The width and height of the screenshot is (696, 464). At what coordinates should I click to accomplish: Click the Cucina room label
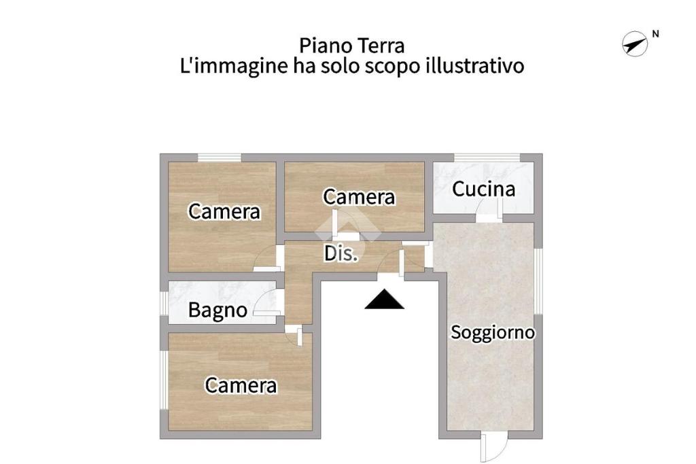click(x=483, y=189)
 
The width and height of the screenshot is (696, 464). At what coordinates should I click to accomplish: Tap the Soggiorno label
click(x=493, y=332)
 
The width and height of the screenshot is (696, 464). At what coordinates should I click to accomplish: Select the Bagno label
click(x=217, y=310)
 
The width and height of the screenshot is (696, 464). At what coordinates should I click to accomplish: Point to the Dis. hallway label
click(x=341, y=253)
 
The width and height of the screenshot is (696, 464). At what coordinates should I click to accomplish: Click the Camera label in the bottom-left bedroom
click(x=241, y=385)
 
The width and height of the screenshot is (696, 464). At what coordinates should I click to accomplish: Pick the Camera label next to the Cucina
click(x=359, y=197)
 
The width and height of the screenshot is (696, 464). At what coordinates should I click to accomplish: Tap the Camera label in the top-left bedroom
click(x=224, y=211)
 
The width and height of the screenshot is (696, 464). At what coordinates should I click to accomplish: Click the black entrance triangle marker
click(x=385, y=299)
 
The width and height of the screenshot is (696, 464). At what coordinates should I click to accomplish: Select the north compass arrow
click(x=635, y=44)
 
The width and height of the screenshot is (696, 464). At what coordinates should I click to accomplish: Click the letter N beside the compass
click(x=656, y=34)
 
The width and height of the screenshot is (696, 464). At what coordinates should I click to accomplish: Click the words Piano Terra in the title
click(x=352, y=46)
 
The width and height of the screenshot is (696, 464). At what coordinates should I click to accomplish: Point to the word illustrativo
click(x=475, y=66)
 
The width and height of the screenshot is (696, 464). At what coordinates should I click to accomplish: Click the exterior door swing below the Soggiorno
click(x=493, y=448)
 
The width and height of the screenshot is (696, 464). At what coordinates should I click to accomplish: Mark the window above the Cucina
click(x=487, y=158)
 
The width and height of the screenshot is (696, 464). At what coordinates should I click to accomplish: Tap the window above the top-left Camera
click(x=220, y=158)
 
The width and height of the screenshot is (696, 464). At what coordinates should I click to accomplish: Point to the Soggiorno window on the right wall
click(x=538, y=281)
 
